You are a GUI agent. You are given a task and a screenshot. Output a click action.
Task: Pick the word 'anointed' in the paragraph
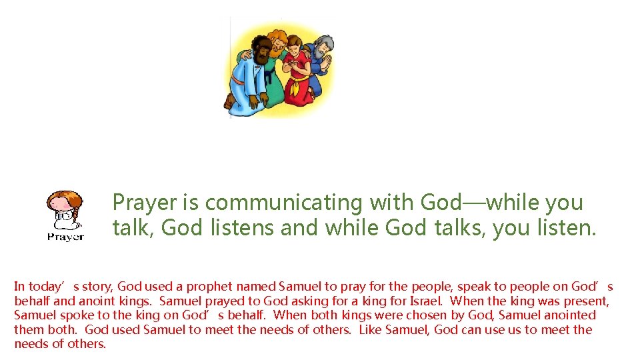pos(569,315)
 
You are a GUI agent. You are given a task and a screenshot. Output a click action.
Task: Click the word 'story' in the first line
pos(99,287)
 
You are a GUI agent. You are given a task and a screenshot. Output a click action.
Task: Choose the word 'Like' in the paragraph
pos(373,329)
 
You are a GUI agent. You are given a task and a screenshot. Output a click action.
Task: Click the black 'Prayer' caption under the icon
pos(65,237)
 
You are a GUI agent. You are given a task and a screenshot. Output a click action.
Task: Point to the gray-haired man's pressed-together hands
pos(326,64)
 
